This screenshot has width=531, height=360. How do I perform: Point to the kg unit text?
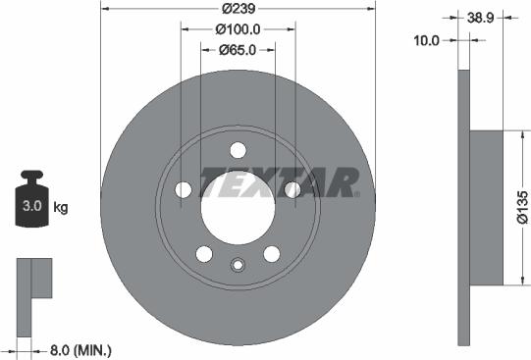click(60, 207)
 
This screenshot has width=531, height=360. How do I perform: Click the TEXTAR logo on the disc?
click(281, 182)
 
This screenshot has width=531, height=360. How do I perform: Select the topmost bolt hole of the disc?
click(237, 151)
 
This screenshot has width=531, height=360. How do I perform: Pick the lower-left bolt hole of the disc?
click(204, 254)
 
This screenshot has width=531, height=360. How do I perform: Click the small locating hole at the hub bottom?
click(237, 264)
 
